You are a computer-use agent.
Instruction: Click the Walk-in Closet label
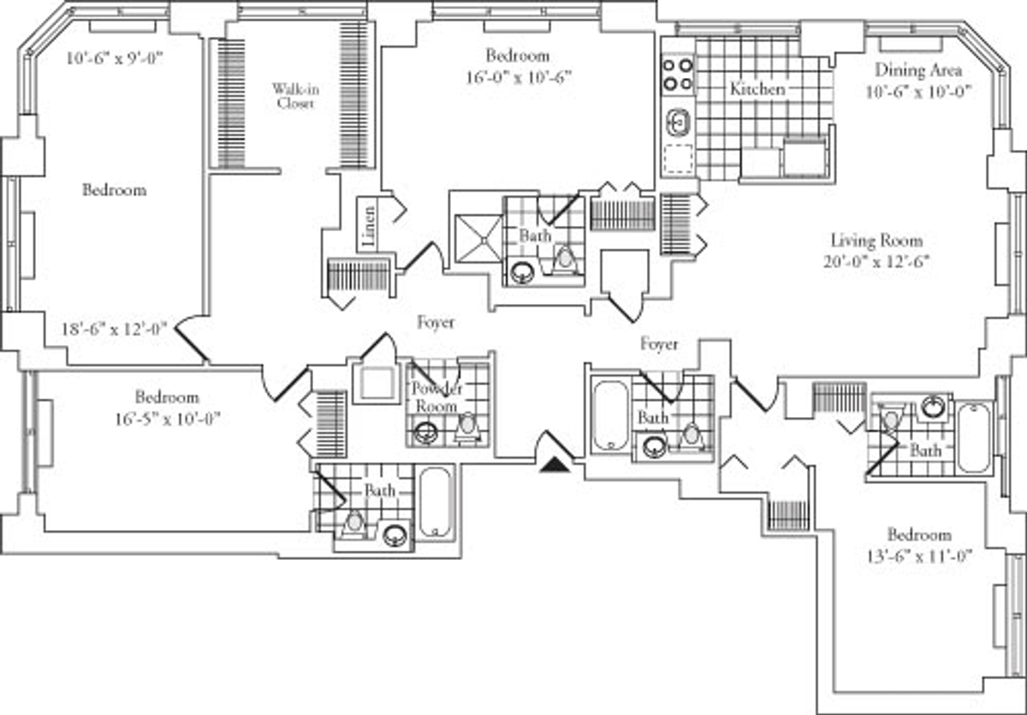pyautogui.click(x=295, y=96)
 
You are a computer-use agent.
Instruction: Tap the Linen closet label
pyautogui.click(x=368, y=226)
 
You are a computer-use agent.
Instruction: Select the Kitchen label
pyautogui.click(x=757, y=88)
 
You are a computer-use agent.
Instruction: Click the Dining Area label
pyautogui.click(x=918, y=70)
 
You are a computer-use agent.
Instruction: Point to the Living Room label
pyautogui.click(x=876, y=241)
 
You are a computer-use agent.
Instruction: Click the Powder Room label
pyautogui.click(x=436, y=397)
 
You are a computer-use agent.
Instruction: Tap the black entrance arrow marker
pyautogui.click(x=555, y=465)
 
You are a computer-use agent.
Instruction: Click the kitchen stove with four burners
pyautogui.click(x=678, y=74)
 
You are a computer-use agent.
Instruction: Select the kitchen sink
pyautogui.click(x=678, y=122)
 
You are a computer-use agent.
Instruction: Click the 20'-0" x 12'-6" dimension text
pyautogui.click(x=876, y=262)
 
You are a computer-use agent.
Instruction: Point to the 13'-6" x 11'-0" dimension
pyautogui.click(x=919, y=557)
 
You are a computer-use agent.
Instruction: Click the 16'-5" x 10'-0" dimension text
pyautogui.click(x=168, y=419)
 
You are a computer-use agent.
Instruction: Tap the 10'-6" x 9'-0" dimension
pyautogui.click(x=115, y=59)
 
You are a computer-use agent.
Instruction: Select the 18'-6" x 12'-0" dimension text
pyautogui.click(x=114, y=329)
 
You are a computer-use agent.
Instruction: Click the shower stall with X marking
pyautogui.click(x=478, y=238)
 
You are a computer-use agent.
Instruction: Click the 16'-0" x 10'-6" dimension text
pyautogui.click(x=519, y=77)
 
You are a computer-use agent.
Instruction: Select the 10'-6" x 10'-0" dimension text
pyautogui.click(x=919, y=92)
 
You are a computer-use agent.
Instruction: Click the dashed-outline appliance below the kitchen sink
pyautogui.click(x=678, y=158)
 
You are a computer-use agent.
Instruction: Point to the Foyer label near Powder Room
pyautogui.click(x=436, y=322)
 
